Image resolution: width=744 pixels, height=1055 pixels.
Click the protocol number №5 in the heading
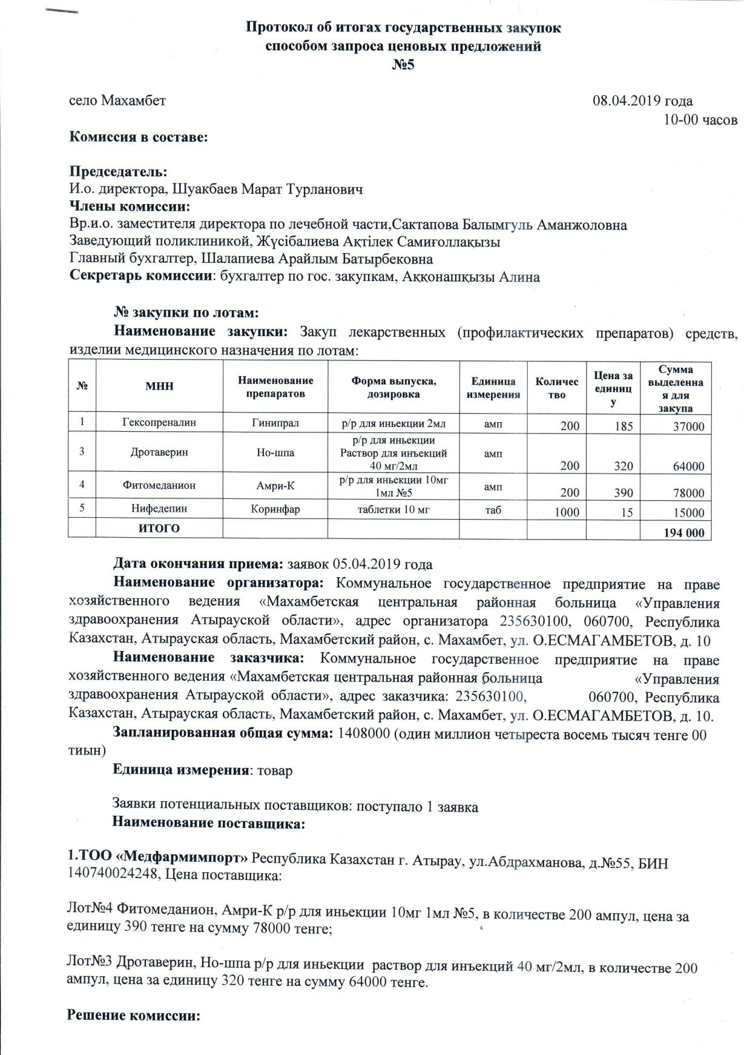403,65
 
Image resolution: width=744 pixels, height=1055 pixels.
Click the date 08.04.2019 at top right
627,101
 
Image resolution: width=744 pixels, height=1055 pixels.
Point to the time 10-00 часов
700,119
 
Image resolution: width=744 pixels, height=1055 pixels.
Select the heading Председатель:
119,172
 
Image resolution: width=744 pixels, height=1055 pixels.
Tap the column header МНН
159,386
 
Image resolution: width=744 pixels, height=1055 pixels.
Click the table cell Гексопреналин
159,423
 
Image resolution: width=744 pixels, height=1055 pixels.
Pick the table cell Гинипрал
275,423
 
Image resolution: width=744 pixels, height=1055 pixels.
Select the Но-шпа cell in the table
275,452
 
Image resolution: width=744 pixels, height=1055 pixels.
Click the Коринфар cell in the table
275,510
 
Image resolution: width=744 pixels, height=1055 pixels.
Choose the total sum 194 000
684,532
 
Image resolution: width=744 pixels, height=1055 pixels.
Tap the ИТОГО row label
159,529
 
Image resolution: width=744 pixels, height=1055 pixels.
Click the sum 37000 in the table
689,426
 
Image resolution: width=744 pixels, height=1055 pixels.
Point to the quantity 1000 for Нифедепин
567,512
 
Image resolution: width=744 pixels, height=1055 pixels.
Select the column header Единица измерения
493,388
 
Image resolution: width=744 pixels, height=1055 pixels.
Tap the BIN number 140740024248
113,875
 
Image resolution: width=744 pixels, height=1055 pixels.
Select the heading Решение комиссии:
133,1016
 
